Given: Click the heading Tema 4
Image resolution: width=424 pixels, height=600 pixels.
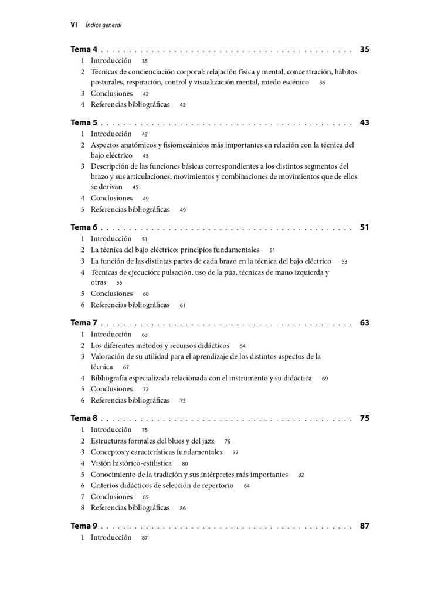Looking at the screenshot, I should tap(84, 50).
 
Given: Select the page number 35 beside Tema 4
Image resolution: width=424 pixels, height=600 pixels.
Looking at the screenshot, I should tap(364, 50).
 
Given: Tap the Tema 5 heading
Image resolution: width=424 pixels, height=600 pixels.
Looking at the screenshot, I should tap(84, 123).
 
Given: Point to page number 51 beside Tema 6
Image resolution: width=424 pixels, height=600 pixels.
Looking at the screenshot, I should tap(364, 227).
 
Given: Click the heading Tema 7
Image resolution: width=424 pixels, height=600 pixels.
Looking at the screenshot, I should tap(84, 323).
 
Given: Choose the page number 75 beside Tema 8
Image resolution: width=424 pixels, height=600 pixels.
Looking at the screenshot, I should tap(364, 418).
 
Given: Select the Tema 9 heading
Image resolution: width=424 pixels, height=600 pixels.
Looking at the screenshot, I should tap(84, 526).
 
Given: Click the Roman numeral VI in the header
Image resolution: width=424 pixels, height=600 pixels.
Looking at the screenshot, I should tap(74, 25).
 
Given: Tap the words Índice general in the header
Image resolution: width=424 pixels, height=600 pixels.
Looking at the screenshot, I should tap(103, 25).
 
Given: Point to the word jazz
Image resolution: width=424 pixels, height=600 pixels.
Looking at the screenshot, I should tap(207, 441).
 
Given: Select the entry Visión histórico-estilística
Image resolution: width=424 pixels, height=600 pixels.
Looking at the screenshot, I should tap(131, 463).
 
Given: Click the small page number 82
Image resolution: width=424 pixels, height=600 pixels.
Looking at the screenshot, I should tap(301, 475).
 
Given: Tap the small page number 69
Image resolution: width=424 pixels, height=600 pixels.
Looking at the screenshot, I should tap(325, 379).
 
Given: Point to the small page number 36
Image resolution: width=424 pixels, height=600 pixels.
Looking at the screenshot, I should tap(322, 83).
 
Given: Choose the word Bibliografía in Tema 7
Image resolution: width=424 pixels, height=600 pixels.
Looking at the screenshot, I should tap(113, 378).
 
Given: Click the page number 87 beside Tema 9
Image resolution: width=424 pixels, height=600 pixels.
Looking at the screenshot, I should tap(364, 526).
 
